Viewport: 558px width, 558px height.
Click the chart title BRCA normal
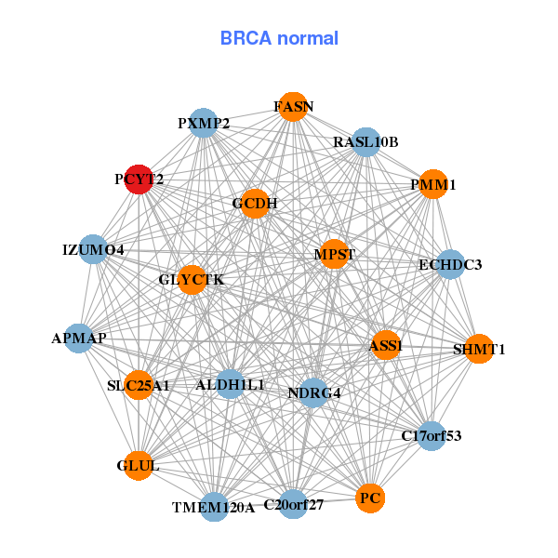click(x=279, y=39)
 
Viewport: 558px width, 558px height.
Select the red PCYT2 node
click(x=139, y=179)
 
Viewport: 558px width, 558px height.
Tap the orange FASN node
click(x=293, y=106)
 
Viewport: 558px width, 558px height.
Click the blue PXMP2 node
click(x=203, y=123)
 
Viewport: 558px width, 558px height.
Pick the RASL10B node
click(x=366, y=142)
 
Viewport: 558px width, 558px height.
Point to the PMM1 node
click(x=432, y=184)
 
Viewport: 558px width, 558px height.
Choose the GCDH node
click(x=255, y=204)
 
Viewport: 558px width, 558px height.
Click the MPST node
click(x=334, y=254)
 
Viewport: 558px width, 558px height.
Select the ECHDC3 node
click(x=449, y=264)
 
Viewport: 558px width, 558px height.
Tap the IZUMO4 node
click(x=93, y=249)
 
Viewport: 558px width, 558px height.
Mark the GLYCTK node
click(x=192, y=280)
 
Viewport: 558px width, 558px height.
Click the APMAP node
click(x=79, y=339)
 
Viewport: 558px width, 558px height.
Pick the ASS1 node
click(x=385, y=346)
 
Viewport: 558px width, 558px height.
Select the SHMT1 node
click(x=478, y=350)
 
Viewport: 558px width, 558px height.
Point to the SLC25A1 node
click(x=139, y=385)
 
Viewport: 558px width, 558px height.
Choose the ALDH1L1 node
click(x=231, y=384)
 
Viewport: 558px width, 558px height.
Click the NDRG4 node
click(x=313, y=392)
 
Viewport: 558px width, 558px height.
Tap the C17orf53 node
click(x=431, y=435)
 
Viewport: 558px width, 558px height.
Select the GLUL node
click(x=139, y=465)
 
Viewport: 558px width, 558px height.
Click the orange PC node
click(x=370, y=498)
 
